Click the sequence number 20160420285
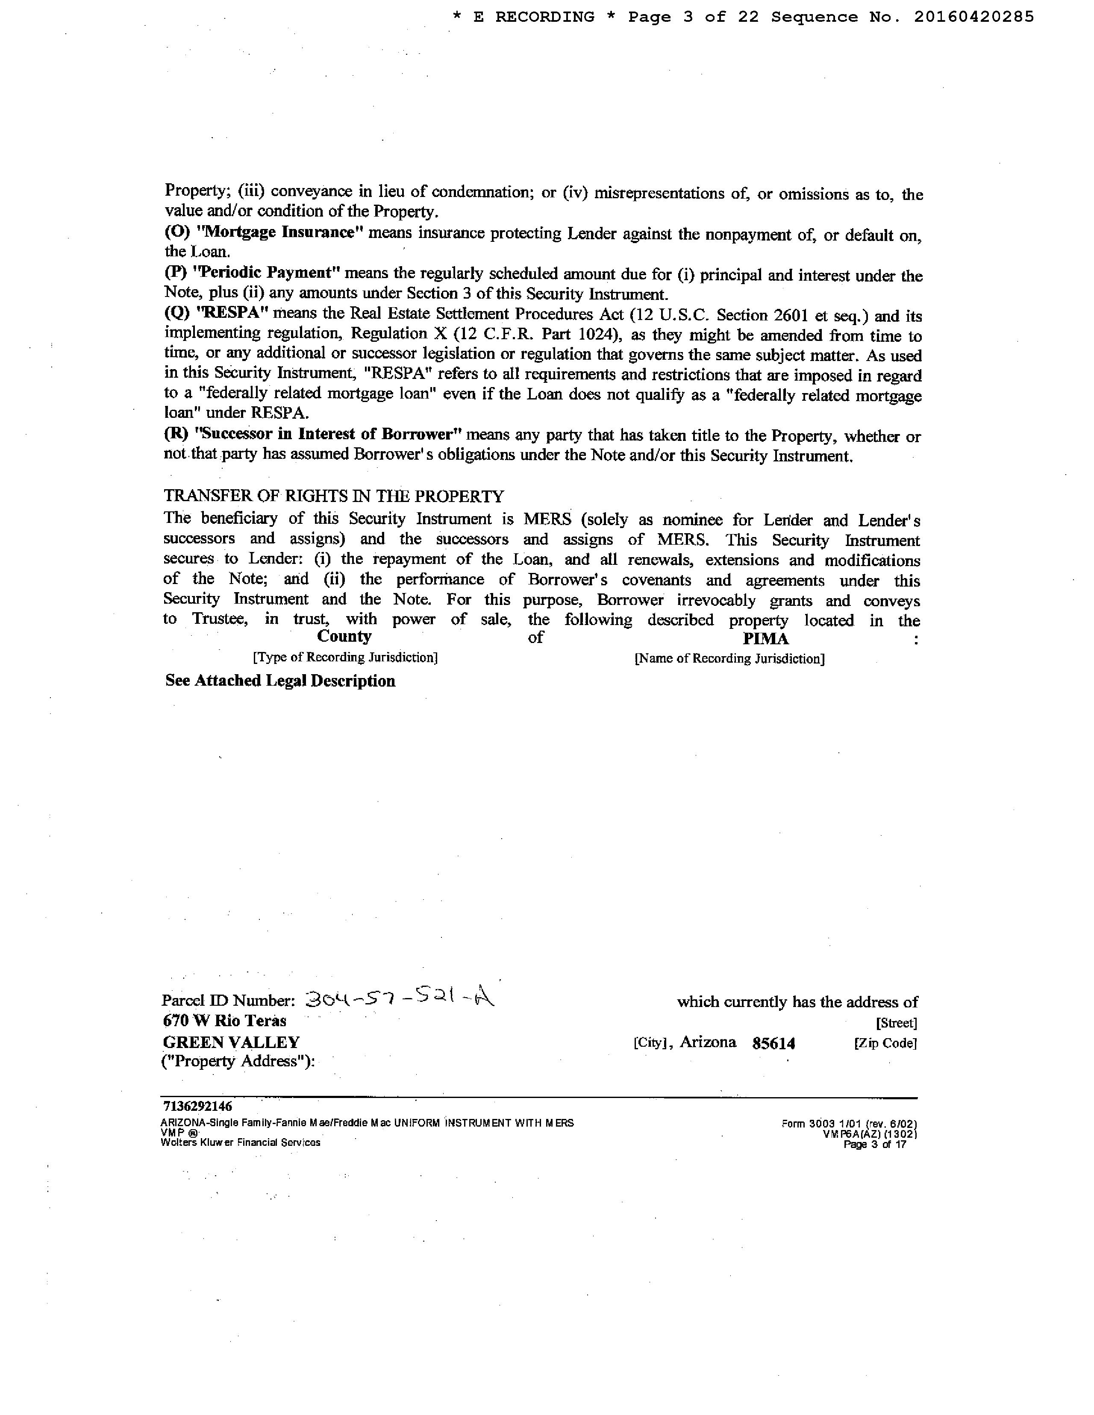tap(973, 18)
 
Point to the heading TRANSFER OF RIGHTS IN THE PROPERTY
tap(334, 496)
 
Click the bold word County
tap(344, 637)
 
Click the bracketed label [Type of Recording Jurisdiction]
tap(345, 658)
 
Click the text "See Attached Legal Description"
tap(280, 681)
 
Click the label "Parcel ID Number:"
tap(228, 1001)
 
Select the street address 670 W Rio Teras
tap(224, 1021)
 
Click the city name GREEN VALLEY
tap(231, 1042)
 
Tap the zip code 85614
tap(774, 1043)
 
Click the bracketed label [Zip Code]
tap(885, 1043)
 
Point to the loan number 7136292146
tap(197, 1106)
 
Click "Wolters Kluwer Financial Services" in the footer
tap(241, 1142)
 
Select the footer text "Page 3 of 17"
tap(874, 1144)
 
